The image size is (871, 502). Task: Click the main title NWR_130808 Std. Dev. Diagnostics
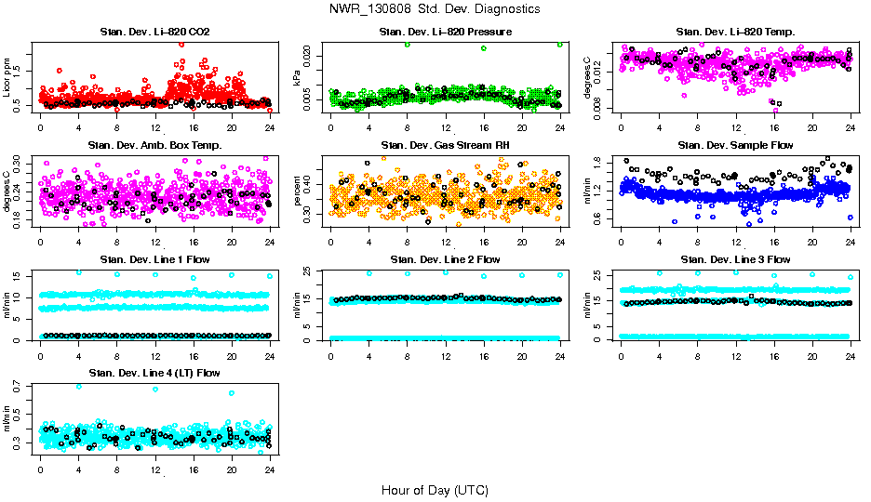click(435, 8)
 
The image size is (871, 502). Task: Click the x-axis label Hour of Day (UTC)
click(435, 490)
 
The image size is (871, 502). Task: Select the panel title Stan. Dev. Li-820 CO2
click(154, 33)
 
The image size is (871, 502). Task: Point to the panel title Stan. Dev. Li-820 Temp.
click(735, 33)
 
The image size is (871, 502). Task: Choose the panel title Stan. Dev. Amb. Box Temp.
click(154, 145)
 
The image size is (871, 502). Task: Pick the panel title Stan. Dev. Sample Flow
click(735, 145)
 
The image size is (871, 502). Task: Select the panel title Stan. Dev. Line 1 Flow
click(154, 259)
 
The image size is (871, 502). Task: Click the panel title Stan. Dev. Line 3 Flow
click(735, 259)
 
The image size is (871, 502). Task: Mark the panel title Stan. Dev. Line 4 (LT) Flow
click(154, 373)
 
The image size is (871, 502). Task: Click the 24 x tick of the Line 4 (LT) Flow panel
click(269, 469)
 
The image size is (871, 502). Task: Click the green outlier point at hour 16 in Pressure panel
click(484, 48)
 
